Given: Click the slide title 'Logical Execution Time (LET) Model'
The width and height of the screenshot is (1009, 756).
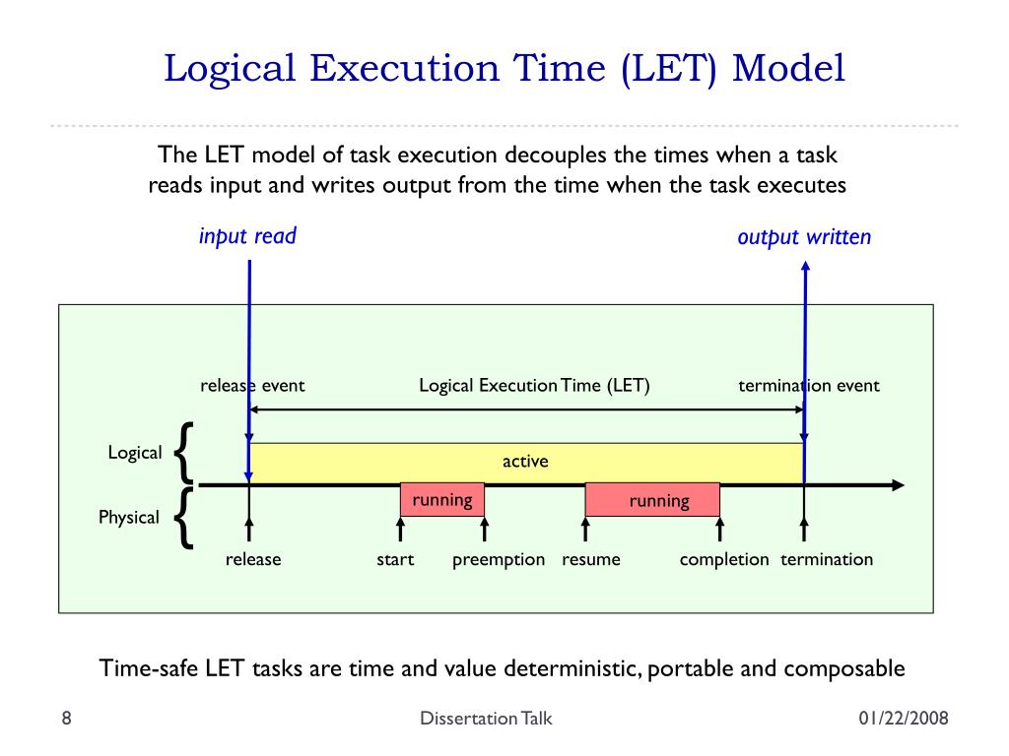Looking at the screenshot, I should click(x=504, y=70).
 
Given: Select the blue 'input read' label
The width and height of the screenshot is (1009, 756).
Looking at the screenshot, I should click(x=247, y=236).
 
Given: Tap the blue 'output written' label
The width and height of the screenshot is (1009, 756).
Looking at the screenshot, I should click(x=804, y=237).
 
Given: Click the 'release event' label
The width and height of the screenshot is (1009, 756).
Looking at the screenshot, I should click(x=252, y=385).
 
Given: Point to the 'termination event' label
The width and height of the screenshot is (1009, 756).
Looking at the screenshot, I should click(x=809, y=385).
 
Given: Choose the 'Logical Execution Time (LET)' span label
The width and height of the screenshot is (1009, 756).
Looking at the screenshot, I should click(x=534, y=385).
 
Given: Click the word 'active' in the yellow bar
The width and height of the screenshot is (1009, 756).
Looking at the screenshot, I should click(x=525, y=461).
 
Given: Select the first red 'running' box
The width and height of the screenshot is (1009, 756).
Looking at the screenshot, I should click(x=442, y=500).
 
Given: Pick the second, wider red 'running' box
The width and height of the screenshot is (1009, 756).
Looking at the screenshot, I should click(x=652, y=501).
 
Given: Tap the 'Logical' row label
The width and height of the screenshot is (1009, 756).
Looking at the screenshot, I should click(x=135, y=453).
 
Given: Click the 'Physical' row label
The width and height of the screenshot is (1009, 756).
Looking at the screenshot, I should click(x=129, y=517).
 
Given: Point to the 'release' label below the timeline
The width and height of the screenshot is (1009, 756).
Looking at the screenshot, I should click(x=253, y=559).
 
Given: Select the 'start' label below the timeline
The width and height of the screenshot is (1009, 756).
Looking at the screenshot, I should click(x=395, y=559).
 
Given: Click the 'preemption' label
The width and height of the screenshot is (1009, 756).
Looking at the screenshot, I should click(x=499, y=559).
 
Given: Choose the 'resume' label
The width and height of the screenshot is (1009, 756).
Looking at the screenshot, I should click(x=591, y=559).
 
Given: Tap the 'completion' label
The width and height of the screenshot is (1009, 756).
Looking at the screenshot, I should click(x=724, y=559).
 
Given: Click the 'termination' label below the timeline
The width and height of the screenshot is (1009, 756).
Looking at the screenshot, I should click(x=827, y=559).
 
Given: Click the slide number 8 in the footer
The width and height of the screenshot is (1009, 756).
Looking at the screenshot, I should click(x=66, y=719).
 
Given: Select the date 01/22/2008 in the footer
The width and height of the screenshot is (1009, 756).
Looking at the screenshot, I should click(x=903, y=719).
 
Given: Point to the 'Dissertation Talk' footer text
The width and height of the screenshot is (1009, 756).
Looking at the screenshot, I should click(x=486, y=719).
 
